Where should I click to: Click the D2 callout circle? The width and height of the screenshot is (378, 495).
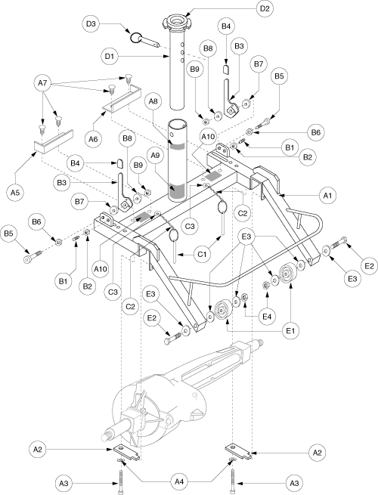(265, 8)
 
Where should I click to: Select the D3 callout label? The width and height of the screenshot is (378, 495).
(91, 23)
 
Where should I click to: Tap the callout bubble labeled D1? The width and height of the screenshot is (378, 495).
(110, 57)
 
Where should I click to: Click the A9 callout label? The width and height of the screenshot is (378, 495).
(154, 156)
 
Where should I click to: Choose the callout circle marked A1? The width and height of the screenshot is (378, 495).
(328, 196)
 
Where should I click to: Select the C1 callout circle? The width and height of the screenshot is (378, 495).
(203, 254)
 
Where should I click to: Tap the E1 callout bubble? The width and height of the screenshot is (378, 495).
(291, 331)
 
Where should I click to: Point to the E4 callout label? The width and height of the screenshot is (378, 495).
(267, 316)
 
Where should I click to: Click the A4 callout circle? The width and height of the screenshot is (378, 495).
(179, 481)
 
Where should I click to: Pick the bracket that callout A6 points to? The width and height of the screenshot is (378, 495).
(122, 98)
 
